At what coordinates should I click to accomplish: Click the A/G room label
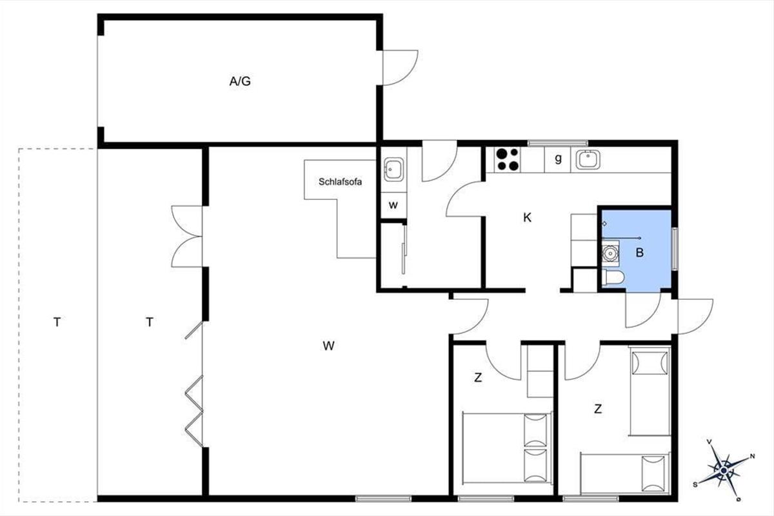[240, 81]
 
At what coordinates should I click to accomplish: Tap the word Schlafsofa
[340, 182]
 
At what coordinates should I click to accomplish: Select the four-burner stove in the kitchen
[508, 159]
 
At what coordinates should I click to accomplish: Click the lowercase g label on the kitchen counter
[558, 159]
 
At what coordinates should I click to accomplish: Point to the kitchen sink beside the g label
[588, 159]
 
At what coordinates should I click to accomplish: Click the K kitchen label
[527, 218]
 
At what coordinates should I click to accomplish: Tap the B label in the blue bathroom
[640, 253]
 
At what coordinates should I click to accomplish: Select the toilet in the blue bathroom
[613, 277]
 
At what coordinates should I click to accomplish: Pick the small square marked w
[393, 205]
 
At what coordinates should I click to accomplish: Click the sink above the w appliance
[393, 170]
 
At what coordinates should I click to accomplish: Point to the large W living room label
[328, 346]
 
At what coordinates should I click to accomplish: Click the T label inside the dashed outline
[57, 322]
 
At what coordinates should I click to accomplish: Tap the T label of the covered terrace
[149, 322]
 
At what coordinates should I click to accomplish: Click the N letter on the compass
[752, 457]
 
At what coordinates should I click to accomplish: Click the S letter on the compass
[695, 485]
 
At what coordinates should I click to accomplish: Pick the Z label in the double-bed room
[478, 378]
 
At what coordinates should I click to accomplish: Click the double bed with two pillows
[507, 448]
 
